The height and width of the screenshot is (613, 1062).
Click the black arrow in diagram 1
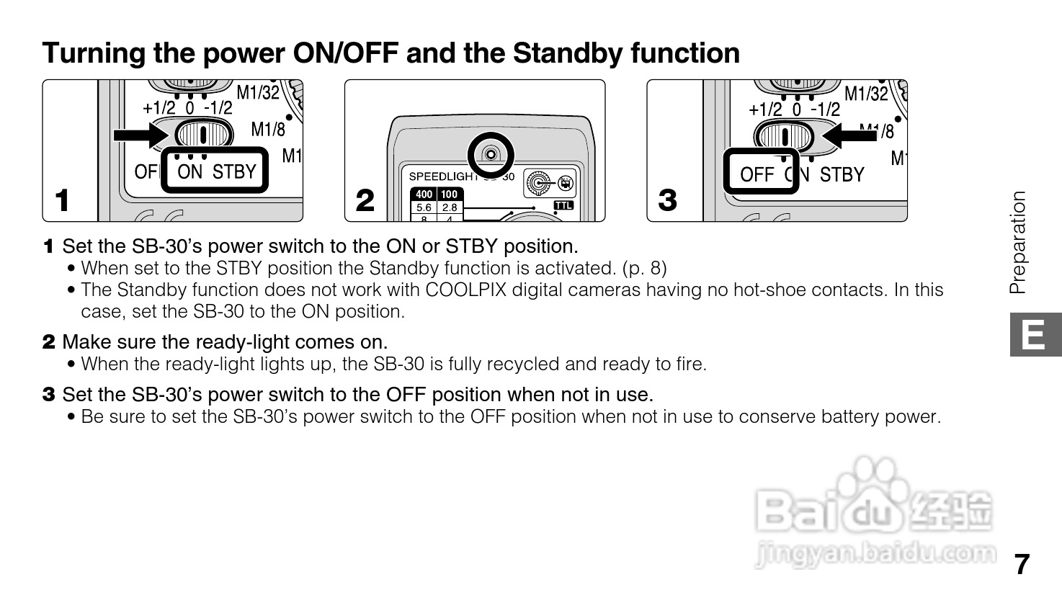[x=140, y=135]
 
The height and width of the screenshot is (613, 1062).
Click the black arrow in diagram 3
[x=849, y=136]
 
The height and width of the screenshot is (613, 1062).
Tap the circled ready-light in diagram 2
[x=491, y=155]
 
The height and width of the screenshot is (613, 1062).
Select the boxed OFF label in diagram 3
[x=757, y=174]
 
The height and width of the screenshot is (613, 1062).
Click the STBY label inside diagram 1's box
[x=234, y=171]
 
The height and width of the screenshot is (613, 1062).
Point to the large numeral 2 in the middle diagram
[x=365, y=200]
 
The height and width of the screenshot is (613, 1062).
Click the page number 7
[x=1022, y=564]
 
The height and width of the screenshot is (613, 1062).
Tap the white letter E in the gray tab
[x=1032, y=334]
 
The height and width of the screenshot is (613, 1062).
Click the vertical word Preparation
[x=1017, y=242]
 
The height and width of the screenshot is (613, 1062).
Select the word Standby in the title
[x=568, y=53]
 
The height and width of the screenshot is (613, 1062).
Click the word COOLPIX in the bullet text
[x=465, y=290]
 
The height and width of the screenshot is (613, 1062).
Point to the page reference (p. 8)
[x=644, y=269]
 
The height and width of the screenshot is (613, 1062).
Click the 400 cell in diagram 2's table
[x=424, y=194]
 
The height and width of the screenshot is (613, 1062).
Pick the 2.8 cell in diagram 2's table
[x=450, y=207]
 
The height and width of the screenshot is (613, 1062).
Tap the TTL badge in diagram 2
[x=563, y=205]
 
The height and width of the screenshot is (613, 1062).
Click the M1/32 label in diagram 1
[x=258, y=92]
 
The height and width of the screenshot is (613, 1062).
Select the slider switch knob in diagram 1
[x=204, y=135]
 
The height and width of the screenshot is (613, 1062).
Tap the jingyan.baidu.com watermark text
[x=875, y=554]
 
